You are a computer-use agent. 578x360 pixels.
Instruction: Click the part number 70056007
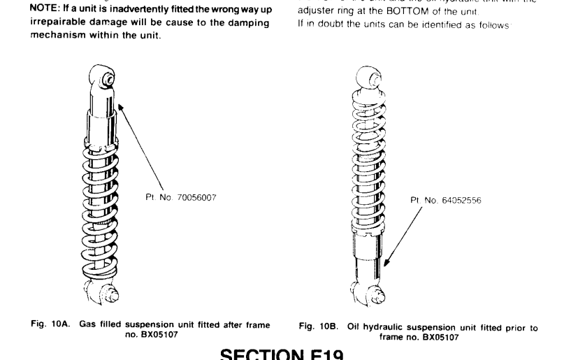[192, 198]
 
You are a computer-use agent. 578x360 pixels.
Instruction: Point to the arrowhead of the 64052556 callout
[384, 266]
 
